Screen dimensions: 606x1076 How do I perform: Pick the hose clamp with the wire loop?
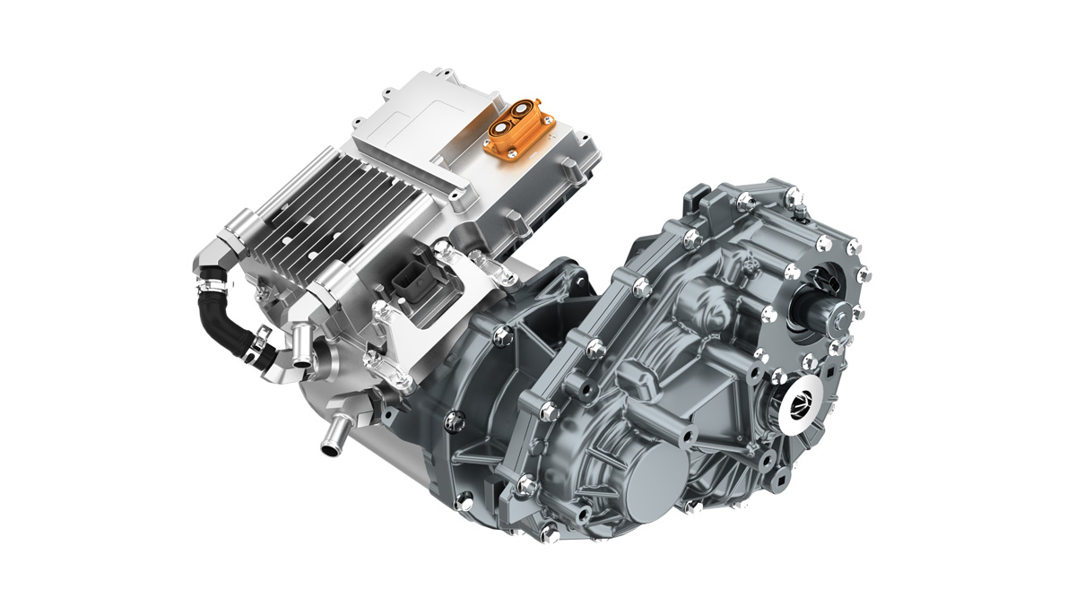click(x=256, y=342)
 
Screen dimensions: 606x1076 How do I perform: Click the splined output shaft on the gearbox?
click(x=820, y=316)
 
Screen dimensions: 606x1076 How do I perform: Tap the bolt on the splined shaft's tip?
click(x=842, y=315)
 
